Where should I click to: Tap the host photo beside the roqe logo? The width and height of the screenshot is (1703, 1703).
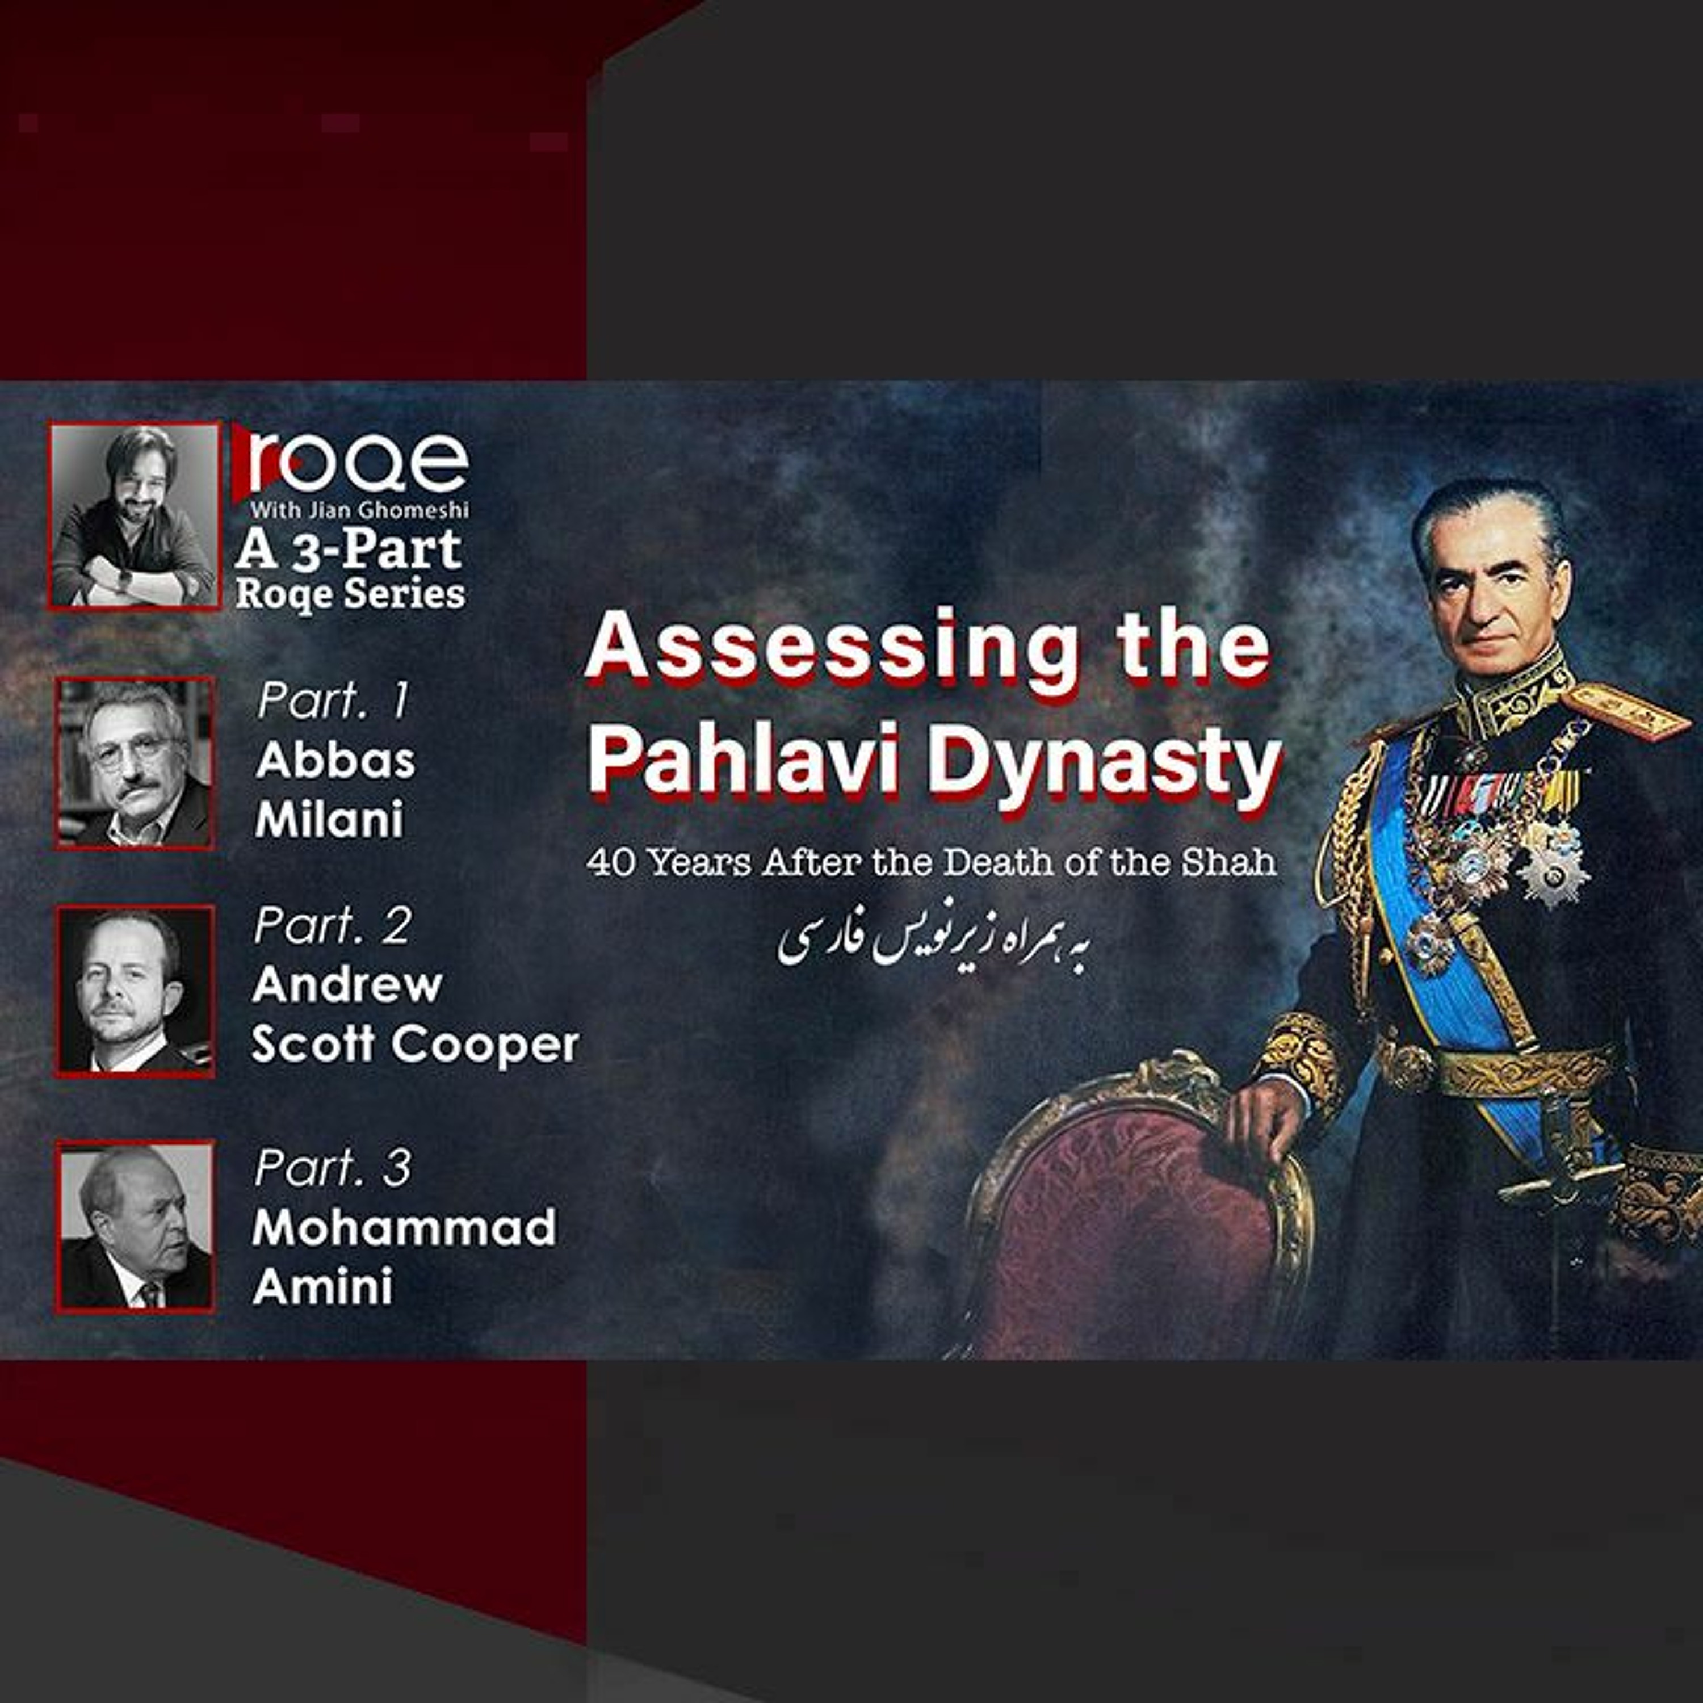click(x=134, y=515)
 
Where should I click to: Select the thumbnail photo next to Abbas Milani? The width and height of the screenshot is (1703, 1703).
click(x=135, y=764)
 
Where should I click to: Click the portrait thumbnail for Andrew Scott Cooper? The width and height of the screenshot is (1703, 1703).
click(x=135, y=991)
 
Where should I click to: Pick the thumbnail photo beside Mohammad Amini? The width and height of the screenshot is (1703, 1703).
click(x=135, y=1227)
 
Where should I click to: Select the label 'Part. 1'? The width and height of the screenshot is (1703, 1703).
click(x=333, y=701)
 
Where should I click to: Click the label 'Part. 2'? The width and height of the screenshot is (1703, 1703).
click(x=332, y=926)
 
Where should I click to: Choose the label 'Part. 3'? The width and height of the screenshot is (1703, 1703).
click(x=332, y=1168)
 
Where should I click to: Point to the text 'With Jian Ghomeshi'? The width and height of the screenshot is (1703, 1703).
click(x=360, y=510)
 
